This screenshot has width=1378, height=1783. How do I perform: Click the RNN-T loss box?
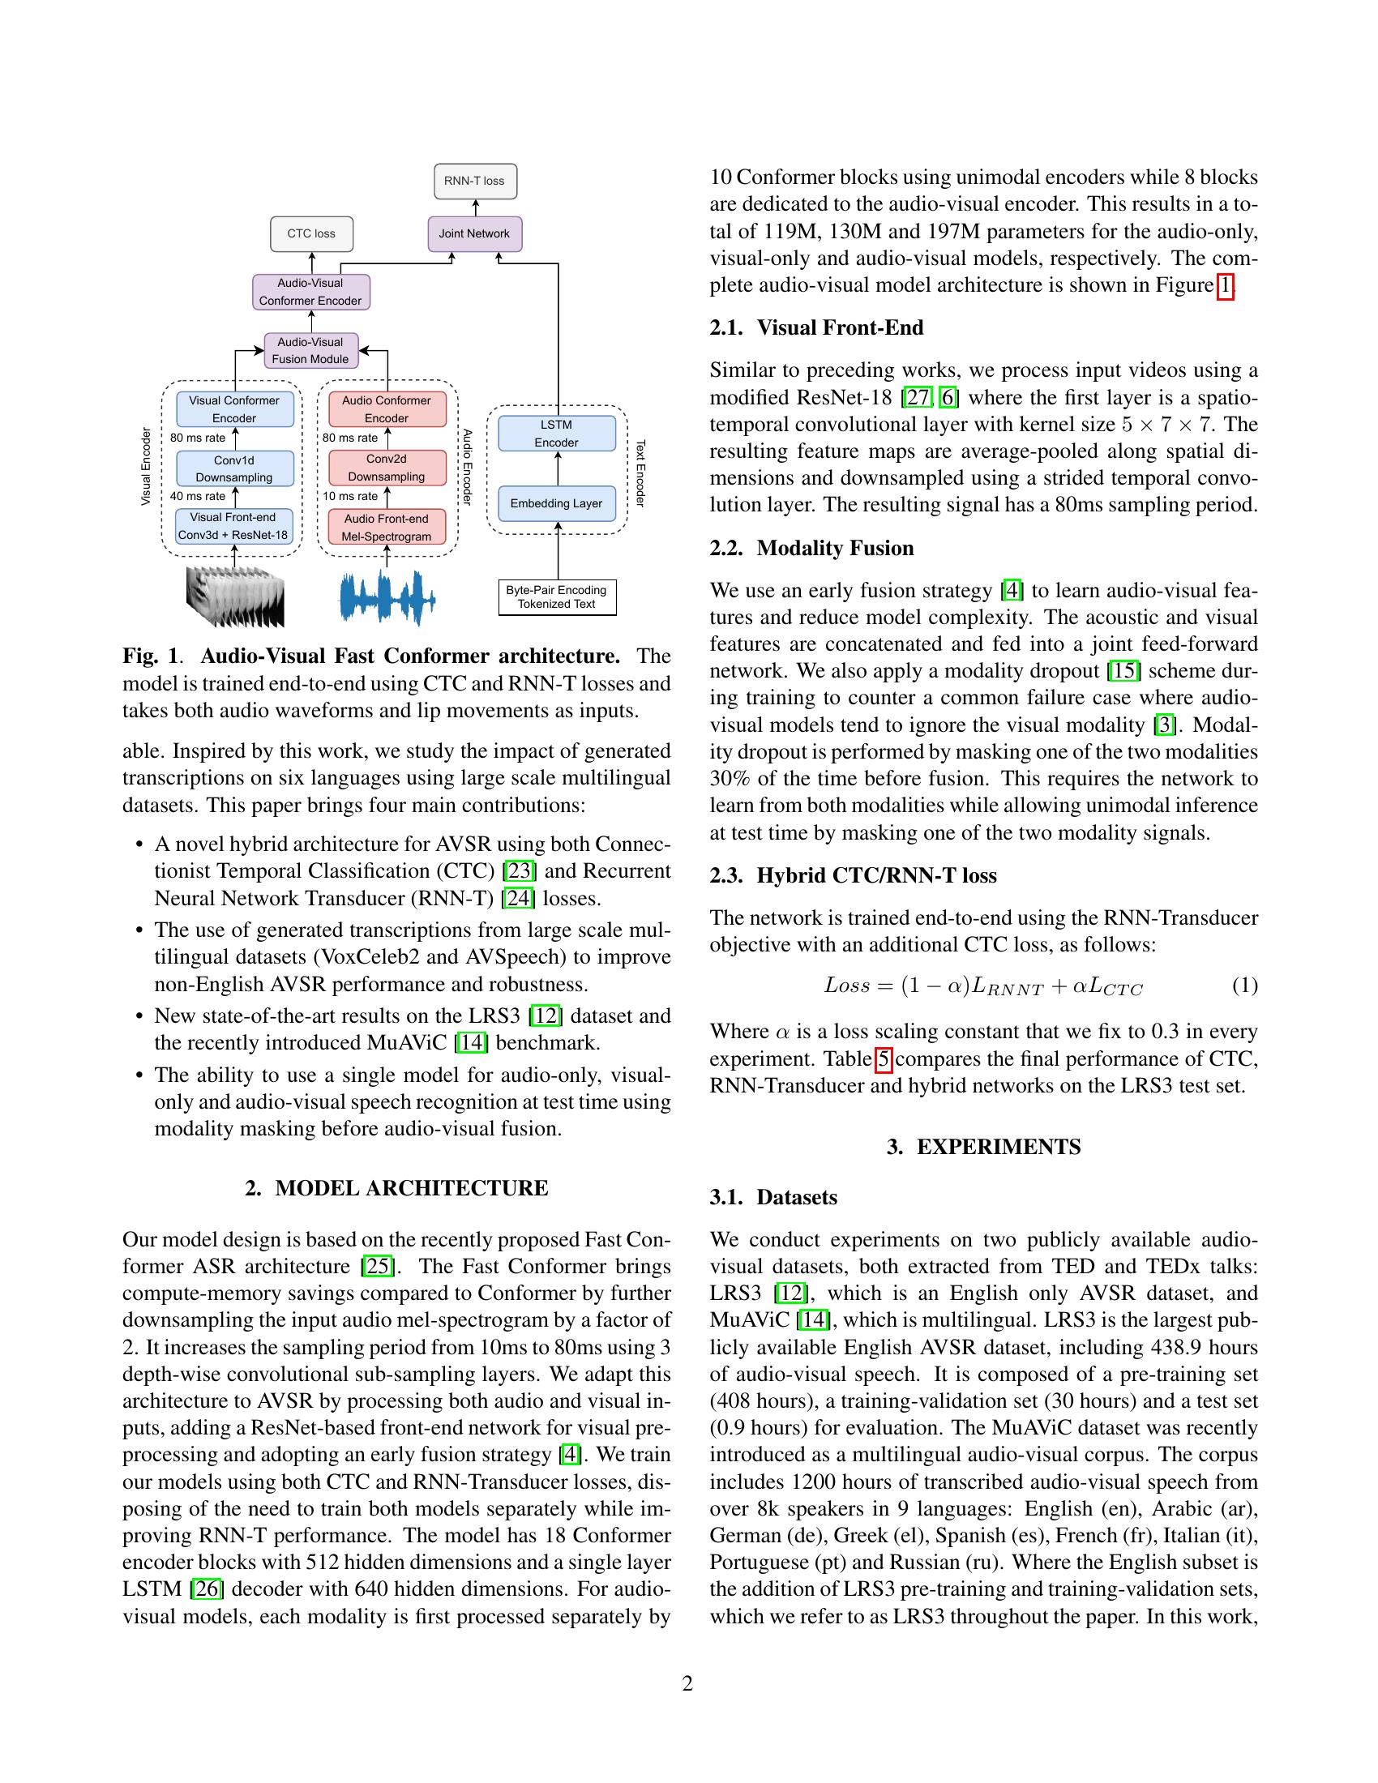coord(475,182)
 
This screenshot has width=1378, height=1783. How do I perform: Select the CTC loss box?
coord(311,233)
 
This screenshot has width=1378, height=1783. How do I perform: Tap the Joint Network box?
coord(474,233)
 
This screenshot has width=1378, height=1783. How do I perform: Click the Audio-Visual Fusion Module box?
coord(310,350)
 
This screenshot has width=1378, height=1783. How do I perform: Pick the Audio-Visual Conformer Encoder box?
coord(310,293)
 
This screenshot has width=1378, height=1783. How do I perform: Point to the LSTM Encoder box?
coord(557,434)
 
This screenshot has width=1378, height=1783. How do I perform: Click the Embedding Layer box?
coord(557,504)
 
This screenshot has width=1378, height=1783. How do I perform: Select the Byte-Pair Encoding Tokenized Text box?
coord(557,596)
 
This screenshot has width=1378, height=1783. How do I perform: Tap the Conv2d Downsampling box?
coord(387,468)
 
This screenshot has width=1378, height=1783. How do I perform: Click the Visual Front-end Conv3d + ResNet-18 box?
coord(233,527)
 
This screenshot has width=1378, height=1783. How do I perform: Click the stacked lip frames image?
coord(235,596)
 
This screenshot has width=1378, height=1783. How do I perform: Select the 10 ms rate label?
coord(350,496)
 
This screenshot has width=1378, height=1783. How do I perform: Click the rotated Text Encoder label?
coord(641,472)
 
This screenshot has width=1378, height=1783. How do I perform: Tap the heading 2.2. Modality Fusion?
coord(811,548)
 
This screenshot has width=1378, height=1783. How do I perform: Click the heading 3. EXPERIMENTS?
coord(983,1147)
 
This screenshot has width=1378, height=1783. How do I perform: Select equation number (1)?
coord(1244,986)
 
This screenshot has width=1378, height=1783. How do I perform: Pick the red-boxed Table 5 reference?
coord(884,1059)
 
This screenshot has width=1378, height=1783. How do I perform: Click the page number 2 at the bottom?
coord(687,1683)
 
